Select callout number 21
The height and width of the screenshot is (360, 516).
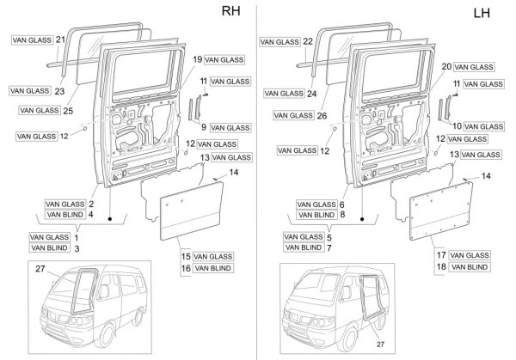coord(60,40)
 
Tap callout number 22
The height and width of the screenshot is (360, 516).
coord(309,40)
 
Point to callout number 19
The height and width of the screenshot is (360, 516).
coord(197,59)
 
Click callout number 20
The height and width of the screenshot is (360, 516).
coord(446,66)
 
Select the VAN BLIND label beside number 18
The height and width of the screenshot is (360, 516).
coord(470,267)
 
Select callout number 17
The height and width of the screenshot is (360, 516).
coord(439,255)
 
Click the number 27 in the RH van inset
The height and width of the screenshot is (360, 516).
coord(40,269)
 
